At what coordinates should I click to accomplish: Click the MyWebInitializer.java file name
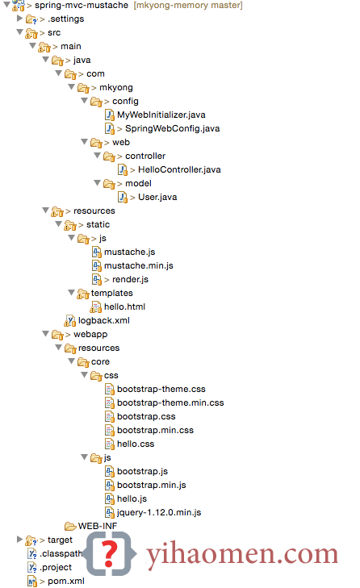pyautogui.click(x=161, y=115)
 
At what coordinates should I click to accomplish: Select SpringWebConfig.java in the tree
pyautogui.click(x=172, y=128)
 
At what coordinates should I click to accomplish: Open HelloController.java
pyautogui.click(x=179, y=169)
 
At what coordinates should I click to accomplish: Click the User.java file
pyautogui.click(x=157, y=197)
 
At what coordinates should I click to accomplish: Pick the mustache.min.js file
pyautogui.click(x=139, y=265)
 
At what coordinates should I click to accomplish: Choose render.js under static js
pyautogui.click(x=130, y=279)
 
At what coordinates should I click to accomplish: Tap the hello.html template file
pyautogui.click(x=124, y=307)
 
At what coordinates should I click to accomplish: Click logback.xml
pyautogui.click(x=103, y=321)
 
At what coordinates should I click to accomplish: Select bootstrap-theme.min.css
pyautogui.click(x=170, y=402)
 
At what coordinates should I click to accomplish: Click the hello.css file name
pyautogui.click(x=136, y=444)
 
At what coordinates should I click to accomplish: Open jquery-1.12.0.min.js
pyautogui.click(x=159, y=513)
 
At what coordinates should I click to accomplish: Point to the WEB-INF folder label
pyautogui.click(x=98, y=526)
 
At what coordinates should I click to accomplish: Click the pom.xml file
pyautogui.click(x=65, y=581)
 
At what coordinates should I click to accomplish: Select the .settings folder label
pyautogui.click(x=65, y=19)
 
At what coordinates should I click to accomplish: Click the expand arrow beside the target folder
pyautogui.click(x=19, y=540)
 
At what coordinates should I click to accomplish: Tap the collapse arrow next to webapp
pyautogui.click(x=45, y=333)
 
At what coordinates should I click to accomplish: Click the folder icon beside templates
pyautogui.click(x=83, y=294)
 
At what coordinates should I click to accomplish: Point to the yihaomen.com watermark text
pyautogui.click(x=242, y=555)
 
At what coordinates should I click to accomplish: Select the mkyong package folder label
pyautogui.click(x=116, y=87)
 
